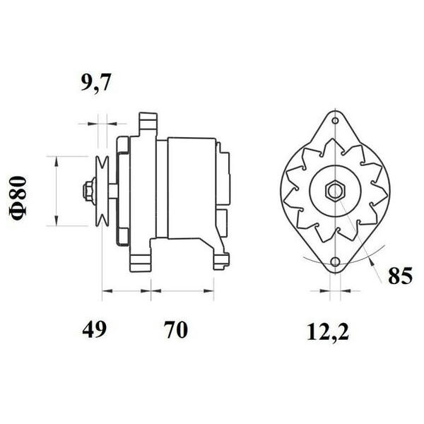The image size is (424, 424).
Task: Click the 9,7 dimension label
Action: coord(96,83)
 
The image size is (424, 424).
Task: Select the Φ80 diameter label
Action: coord(18,198)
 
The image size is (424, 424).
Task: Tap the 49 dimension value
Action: coord(95,329)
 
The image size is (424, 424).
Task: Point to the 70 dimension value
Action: coord(175,329)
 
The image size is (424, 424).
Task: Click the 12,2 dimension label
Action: coord(328,331)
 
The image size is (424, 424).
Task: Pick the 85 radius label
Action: coord(401,276)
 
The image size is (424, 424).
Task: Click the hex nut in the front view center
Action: coord(335,192)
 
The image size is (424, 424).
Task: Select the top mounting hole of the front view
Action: coord(335,120)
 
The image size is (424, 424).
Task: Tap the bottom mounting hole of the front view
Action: coord(335,261)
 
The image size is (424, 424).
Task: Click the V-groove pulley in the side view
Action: coord(102,191)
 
